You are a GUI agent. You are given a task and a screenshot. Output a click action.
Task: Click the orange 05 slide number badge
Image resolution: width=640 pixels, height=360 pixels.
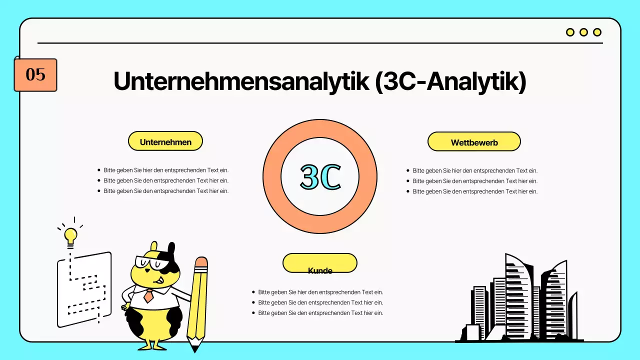pos(35,75)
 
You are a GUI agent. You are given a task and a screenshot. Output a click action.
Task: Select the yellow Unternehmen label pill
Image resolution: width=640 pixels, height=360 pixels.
pos(165,141)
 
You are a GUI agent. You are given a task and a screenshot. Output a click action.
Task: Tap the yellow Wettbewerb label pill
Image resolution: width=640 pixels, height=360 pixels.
pos(474,142)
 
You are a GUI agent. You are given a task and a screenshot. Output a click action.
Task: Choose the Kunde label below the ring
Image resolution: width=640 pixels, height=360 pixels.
pos(320,270)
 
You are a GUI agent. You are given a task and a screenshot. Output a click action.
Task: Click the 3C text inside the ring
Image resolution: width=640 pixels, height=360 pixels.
pos(320,176)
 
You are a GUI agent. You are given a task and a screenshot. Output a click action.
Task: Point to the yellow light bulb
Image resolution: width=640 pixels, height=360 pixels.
pos(70,234)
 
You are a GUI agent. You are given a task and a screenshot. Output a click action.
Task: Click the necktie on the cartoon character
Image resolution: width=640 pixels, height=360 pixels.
pos(148,295)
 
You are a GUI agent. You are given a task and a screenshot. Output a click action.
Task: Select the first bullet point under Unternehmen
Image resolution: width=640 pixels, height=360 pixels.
pos(166,170)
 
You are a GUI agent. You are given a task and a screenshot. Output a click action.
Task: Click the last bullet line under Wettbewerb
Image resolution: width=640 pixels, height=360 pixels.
pos(474,191)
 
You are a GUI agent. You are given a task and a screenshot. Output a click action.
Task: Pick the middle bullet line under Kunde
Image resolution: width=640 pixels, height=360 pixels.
pos(320,302)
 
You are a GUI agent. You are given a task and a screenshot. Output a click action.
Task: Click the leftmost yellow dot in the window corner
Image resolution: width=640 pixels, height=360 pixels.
pos(570,32)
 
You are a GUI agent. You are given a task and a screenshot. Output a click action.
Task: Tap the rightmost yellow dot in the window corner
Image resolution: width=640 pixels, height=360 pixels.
pos(597,32)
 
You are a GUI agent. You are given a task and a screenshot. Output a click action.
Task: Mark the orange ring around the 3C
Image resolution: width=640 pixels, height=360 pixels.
pos(272,176)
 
